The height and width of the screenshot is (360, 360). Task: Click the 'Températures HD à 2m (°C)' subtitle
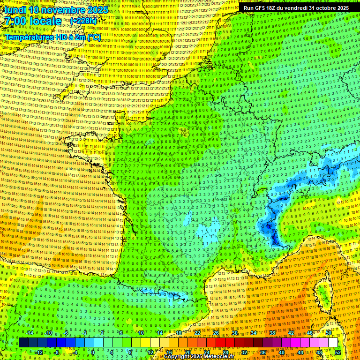click(x=52, y=37)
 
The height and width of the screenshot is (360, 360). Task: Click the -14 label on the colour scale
click(x=30, y=333)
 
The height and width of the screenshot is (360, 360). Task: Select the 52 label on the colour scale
click(x=338, y=352)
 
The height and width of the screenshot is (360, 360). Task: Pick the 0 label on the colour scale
click(x=93, y=352)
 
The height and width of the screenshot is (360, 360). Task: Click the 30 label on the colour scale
click(x=235, y=333)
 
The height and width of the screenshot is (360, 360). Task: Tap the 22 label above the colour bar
click(x=197, y=333)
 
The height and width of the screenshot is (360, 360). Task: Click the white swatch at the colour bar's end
click(x=333, y=342)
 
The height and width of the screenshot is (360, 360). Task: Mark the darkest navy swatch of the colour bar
click(x=23, y=342)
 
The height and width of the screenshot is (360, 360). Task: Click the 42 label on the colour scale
click(x=291, y=333)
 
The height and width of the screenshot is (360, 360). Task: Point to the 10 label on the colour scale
click(x=141, y=333)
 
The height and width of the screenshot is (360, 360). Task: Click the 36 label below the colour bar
click(x=263, y=352)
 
